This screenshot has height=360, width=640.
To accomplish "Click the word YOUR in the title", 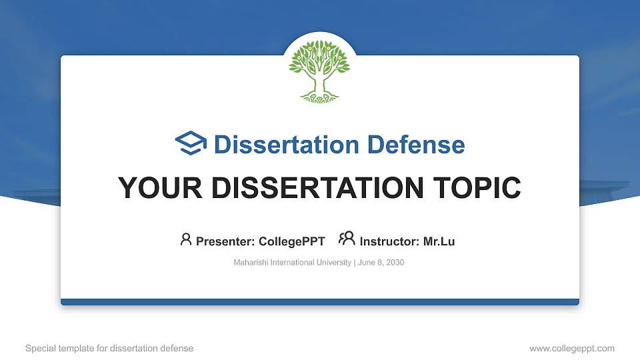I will click(151, 188).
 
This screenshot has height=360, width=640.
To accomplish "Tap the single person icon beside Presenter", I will click(186, 239).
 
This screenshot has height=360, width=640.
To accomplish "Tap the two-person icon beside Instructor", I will click(347, 239).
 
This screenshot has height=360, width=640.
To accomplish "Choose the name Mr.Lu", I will click(439, 241).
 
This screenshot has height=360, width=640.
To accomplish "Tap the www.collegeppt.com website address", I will click(572, 348).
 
